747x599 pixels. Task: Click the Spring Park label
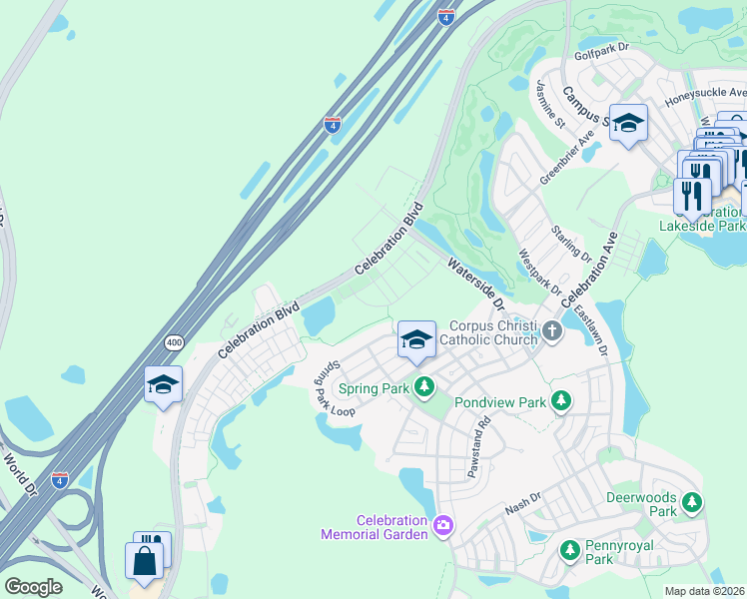point(373,387)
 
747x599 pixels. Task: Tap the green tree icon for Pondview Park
point(561,401)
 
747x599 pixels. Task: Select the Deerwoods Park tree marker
point(690,504)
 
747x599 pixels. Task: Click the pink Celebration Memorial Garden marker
point(443,524)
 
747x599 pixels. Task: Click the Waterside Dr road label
point(479,280)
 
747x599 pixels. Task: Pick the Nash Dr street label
point(522,503)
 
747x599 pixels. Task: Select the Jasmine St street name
point(550,104)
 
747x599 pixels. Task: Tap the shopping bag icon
point(144,559)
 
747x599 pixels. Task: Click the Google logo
point(33,586)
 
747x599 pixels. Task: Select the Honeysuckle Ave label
point(705,92)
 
